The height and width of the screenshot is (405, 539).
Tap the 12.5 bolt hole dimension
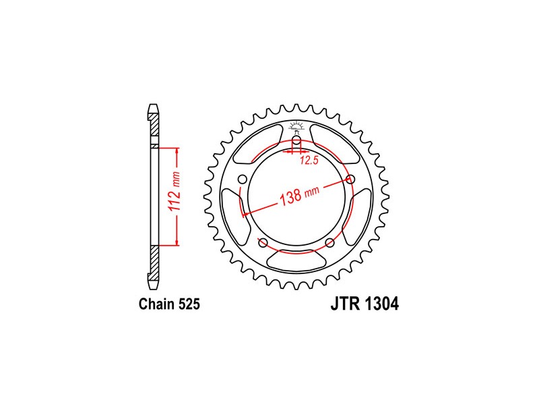(309, 161)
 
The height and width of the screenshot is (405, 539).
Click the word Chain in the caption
(156, 304)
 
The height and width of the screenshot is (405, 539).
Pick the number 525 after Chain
(189, 304)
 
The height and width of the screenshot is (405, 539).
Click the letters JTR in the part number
(344, 304)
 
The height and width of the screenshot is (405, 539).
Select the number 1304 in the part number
(383, 304)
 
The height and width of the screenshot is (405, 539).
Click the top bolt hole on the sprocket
(296, 140)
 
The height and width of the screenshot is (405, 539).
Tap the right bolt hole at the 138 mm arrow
(350, 180)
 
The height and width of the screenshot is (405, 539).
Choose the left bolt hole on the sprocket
(242, 179)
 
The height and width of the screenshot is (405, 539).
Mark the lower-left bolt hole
(263, 243)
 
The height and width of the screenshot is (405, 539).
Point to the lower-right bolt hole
(329, 243)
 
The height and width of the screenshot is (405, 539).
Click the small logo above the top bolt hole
(296, 126)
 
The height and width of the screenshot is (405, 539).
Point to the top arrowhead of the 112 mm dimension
(177, 150)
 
